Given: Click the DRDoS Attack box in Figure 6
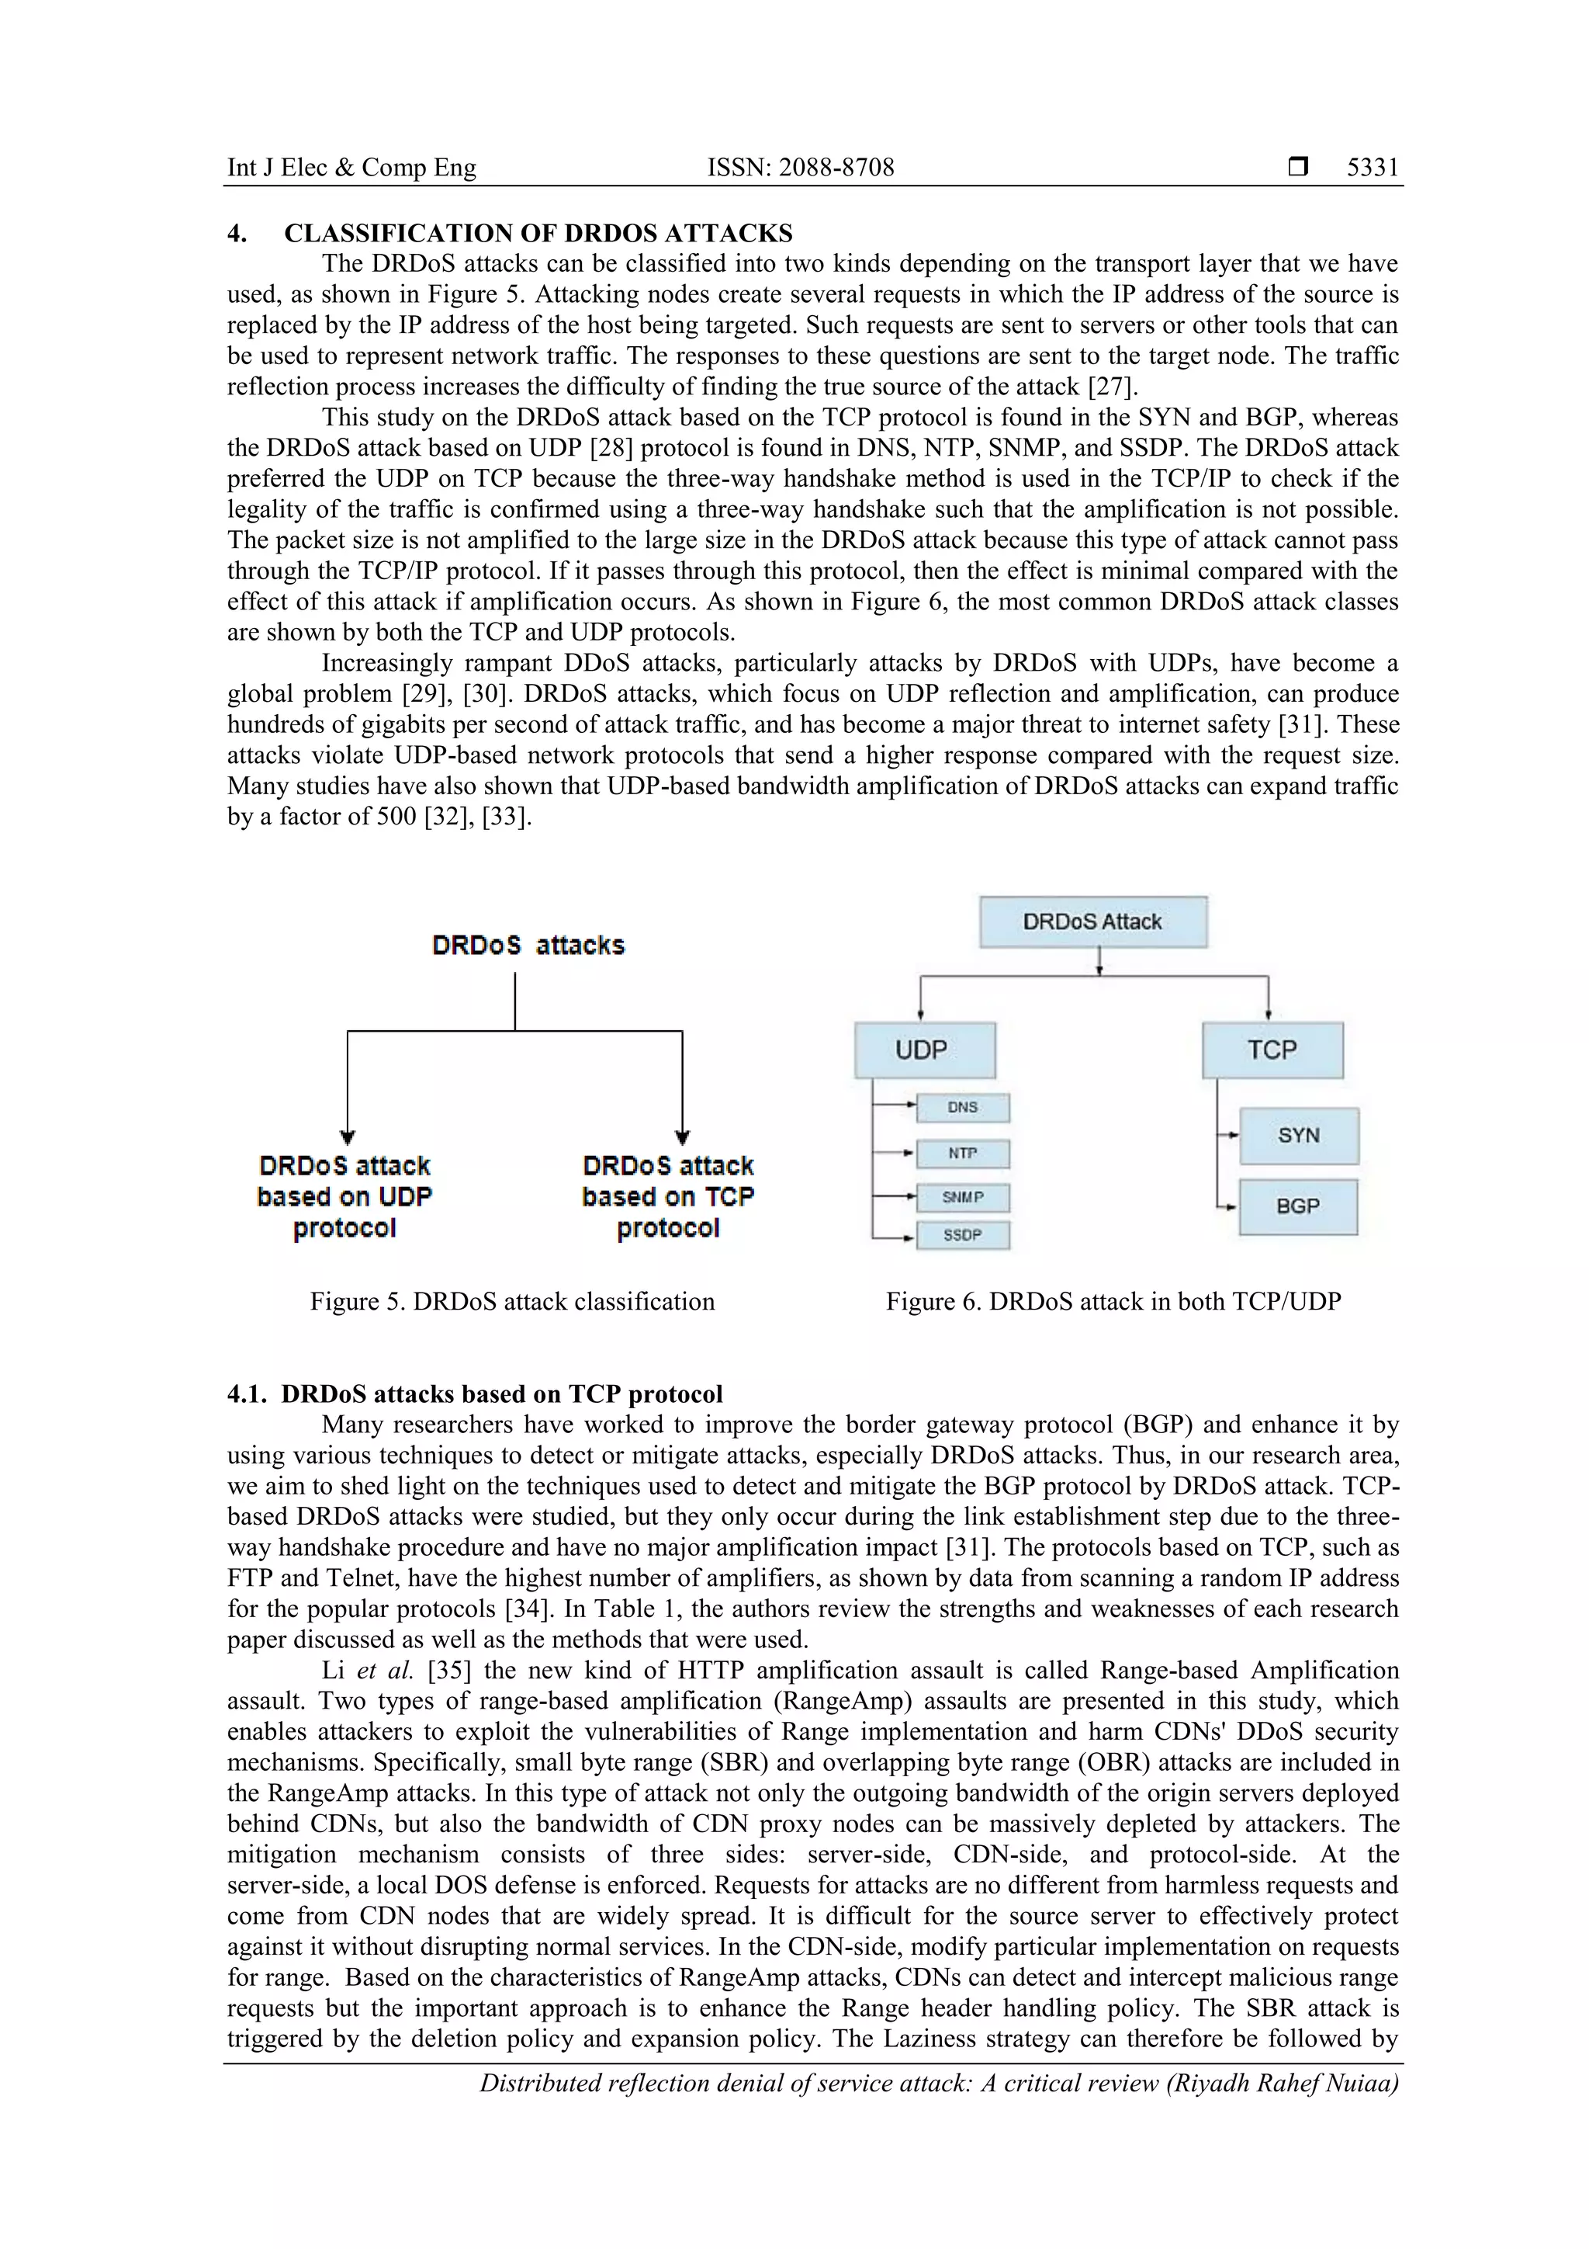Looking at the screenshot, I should [1092, 921].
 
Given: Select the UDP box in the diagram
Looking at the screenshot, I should [924, 1050].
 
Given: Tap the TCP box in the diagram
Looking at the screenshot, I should [1272, 1050].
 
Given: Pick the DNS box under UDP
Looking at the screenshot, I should [962, 1107].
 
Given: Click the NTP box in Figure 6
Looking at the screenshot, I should [962, 1153].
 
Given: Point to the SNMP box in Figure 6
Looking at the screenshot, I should [962, 1197].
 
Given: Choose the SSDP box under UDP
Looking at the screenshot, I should [962, 1235].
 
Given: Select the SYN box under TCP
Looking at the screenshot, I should [1298, 1135].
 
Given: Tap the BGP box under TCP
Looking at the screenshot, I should [1297, 1206].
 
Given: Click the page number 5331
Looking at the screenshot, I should [1373, 168].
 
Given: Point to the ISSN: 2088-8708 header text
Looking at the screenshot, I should [800, 168].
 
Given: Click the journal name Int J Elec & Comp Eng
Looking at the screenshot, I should [351, 168].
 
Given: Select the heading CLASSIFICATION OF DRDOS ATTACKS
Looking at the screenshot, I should [538, 233].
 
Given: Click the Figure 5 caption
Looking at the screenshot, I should [512, 1302].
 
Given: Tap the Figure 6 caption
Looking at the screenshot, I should [1113, 1302].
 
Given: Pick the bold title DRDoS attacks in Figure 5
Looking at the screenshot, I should [528, 946].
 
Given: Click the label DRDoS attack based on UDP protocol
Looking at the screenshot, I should [344, 1196].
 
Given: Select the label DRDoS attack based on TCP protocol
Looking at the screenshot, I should [668, 1196].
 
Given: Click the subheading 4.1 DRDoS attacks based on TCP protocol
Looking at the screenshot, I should [475, 1393].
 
